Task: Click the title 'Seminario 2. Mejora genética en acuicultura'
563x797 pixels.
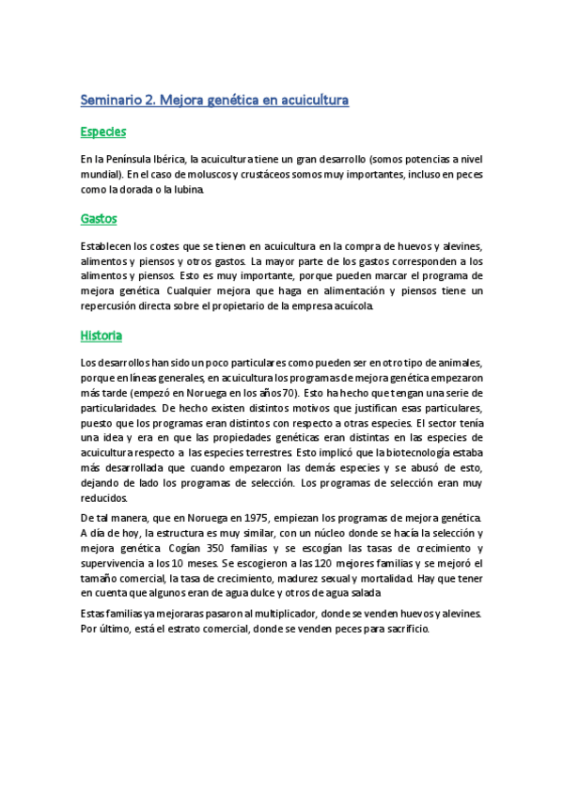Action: pyautogui.click(x=215, y=99)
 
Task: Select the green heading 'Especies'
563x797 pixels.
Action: pyautogui.click(x=103, y=132)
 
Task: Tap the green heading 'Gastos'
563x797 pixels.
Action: pyautogui.click(x=99, y=218)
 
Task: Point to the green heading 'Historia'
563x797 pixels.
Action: pyautogui.click(x=102, y=335)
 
